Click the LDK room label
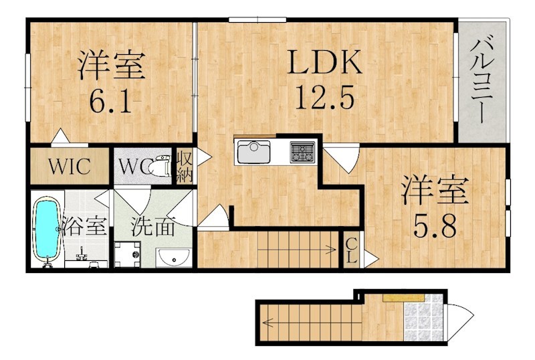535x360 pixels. pyautogui.click(x=324, y=62)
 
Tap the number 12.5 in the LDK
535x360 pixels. pyautogui.click(x=324, y=97)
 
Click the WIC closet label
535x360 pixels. pyautogui.click(x=70, y=167)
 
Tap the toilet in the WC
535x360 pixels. pyautogui.click(x=160, y=167)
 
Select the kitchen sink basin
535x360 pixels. pyautogui.click(x=253, y=152)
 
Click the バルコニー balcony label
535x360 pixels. pyautogui.click(x=481, y=81)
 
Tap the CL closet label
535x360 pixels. pyautogui.click(x=352, y=250)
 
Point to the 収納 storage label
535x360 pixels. pyautogui.click(x=185, y=167)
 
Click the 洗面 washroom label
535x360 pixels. pyautogui.click(x=153, y=226)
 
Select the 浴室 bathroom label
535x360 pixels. pyautogui.click(x=86, y=226)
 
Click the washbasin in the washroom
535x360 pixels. pyautogui.click(x=174, y=257)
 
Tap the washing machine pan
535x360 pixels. pyautogui.click(x=128, y=254)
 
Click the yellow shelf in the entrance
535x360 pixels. pyautogui.click(x=403, y=298)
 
